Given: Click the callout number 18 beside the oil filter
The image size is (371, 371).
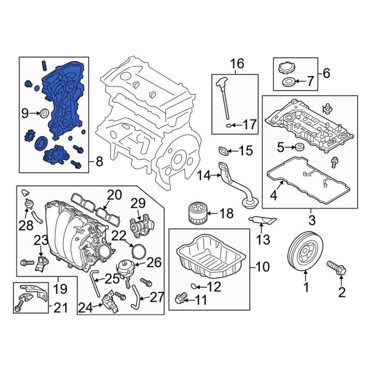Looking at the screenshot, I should (226, 213).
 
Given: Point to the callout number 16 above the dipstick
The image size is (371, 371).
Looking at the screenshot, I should (237, 64).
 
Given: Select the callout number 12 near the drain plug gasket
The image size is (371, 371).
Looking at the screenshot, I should (213, 286).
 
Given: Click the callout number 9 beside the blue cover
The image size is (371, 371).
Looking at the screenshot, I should (25, 113).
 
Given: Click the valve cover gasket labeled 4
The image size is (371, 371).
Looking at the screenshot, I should (309, 182).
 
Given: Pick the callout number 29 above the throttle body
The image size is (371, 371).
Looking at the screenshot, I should (137, 203).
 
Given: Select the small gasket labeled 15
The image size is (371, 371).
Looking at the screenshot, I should (223, 150).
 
